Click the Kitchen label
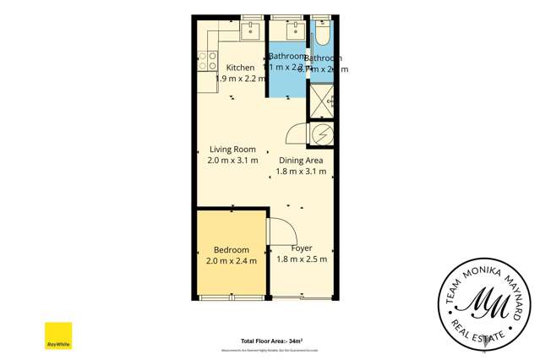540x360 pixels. tap(240, 68)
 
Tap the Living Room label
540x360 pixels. tap(232, 150)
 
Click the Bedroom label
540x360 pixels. tap(231, 250)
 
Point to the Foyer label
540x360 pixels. tap(302, 248)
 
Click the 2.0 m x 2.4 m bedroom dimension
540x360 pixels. tap(231, 261)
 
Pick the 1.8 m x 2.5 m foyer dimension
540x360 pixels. tap(302, 259)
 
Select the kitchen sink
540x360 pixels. tap(249, 32)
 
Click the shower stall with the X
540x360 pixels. tap(321, 100)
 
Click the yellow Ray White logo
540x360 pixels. tap(58, 336)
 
